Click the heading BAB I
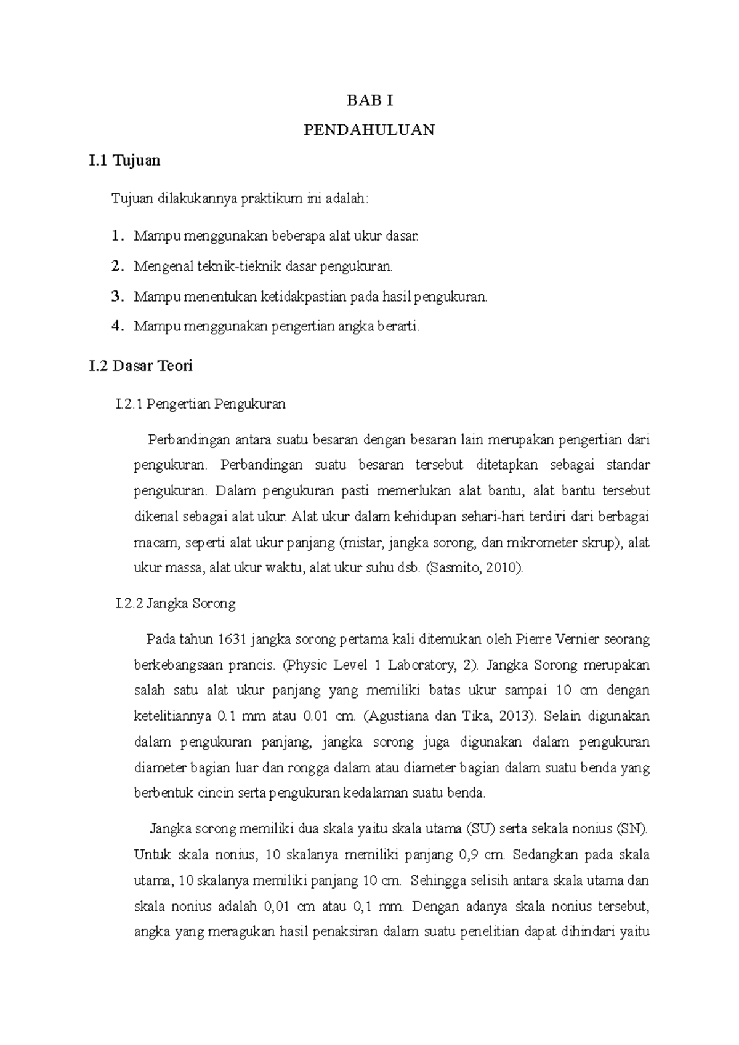click(369, 101)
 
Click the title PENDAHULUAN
click(369, 130)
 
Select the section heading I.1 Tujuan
click(124, 161)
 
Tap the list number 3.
click(116, 297)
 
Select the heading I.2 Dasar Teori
click(140, 366)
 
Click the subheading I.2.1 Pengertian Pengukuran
click(200, 404)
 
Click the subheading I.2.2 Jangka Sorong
click(176, 604)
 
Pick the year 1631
click(232, 639)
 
